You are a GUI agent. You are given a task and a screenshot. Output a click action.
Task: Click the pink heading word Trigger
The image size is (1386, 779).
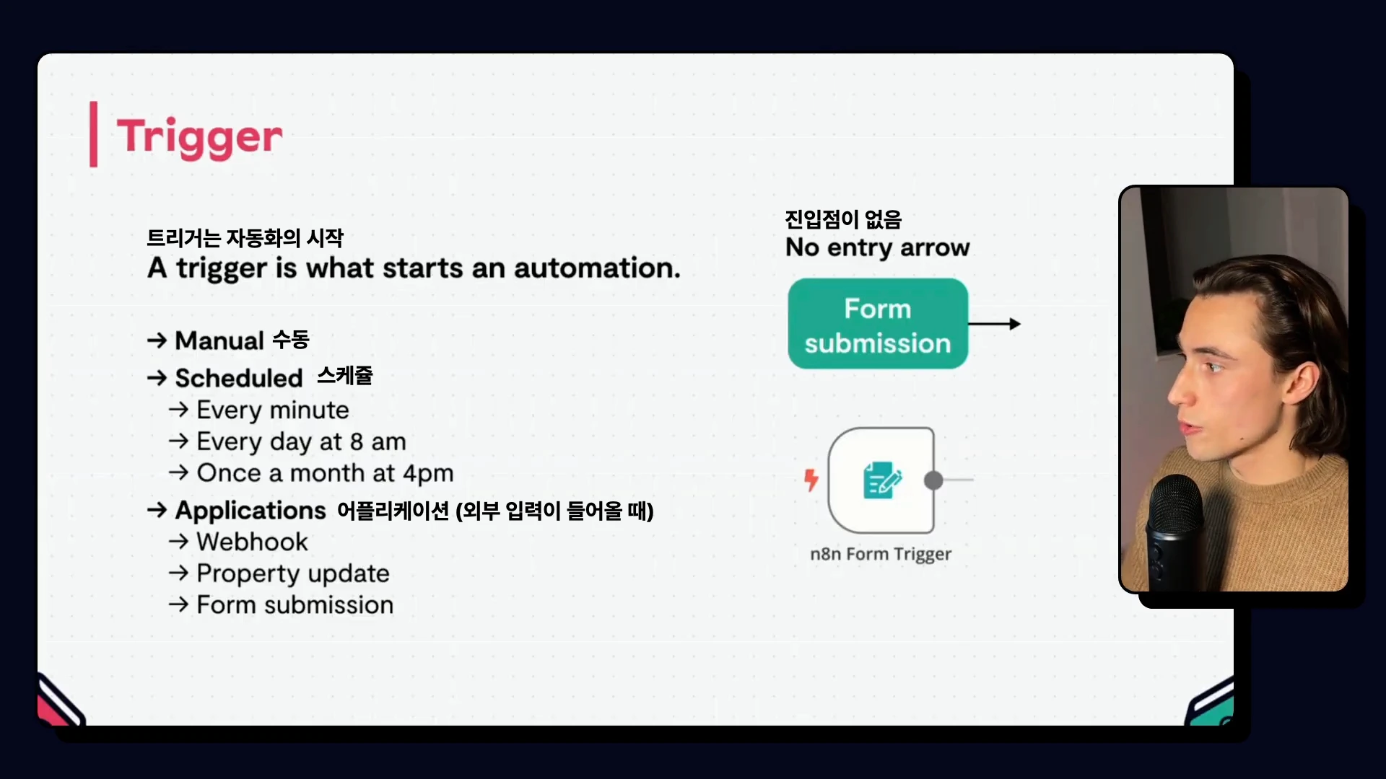coord(199,137)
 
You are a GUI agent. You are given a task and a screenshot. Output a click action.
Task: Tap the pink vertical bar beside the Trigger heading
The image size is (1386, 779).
coord(93,134)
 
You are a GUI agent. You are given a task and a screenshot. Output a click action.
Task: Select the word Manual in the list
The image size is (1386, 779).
coord(219,340)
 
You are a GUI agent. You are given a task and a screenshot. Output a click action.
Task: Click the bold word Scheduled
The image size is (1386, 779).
coord(239,378)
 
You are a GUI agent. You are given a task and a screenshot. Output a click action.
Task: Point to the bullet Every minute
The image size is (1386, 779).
coord(273,410)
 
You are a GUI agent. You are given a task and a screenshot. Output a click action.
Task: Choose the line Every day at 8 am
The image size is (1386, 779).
coord(301,441)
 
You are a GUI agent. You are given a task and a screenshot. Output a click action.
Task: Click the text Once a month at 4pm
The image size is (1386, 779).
coord(325,473)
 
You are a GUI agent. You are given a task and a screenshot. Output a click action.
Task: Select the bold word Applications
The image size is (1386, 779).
coord(250,511)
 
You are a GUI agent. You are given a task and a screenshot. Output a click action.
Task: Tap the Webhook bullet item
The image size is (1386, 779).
coord(252,542)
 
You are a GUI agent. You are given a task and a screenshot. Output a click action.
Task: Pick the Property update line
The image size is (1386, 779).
coord(293,573)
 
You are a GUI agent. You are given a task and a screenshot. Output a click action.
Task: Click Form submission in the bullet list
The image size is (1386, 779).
coord(295,605)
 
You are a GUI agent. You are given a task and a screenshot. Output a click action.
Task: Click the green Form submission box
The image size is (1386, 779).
coord(878,324)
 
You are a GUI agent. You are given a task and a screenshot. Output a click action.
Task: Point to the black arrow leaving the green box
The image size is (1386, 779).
coord(994,324)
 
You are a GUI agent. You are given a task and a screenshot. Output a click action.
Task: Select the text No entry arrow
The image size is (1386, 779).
coord(878,247)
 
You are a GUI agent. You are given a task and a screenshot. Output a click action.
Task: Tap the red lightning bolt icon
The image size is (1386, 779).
coord(811,480)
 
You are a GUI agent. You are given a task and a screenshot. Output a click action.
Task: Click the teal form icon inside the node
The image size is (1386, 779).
coord(882,480)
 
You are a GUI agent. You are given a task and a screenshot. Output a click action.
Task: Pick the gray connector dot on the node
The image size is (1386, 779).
coord(933,480)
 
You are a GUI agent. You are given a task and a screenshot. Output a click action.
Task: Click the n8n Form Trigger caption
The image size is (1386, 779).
coord(881,554)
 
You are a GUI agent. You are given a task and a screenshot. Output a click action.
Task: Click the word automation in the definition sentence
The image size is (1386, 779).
coord(597,268)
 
